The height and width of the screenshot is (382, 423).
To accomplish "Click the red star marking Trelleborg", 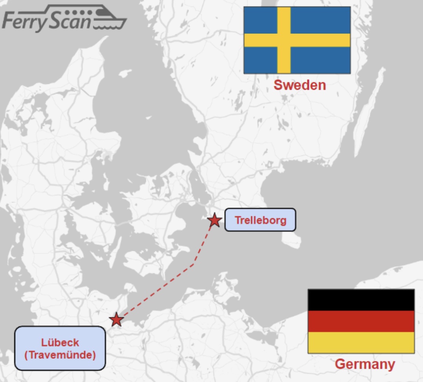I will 214,220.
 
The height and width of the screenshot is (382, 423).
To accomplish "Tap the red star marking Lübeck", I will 116,319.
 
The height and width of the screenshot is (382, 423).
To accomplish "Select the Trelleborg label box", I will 260,220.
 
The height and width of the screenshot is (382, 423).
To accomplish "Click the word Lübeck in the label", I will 60,342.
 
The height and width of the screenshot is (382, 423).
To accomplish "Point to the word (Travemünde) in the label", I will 60,355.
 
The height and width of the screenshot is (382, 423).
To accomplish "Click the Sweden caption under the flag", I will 300,85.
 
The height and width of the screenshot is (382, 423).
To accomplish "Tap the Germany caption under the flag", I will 364,364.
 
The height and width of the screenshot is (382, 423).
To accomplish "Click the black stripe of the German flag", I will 361,300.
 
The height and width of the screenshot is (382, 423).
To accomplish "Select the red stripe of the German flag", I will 361,321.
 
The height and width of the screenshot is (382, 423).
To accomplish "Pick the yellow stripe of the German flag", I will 361,342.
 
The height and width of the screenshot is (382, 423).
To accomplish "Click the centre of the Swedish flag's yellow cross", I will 284,40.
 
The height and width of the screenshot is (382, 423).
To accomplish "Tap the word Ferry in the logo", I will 24,22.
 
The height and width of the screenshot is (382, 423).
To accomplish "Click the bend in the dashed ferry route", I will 193,264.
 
